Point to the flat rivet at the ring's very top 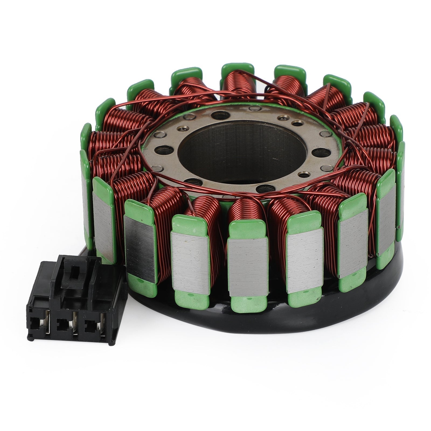(252, 108)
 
